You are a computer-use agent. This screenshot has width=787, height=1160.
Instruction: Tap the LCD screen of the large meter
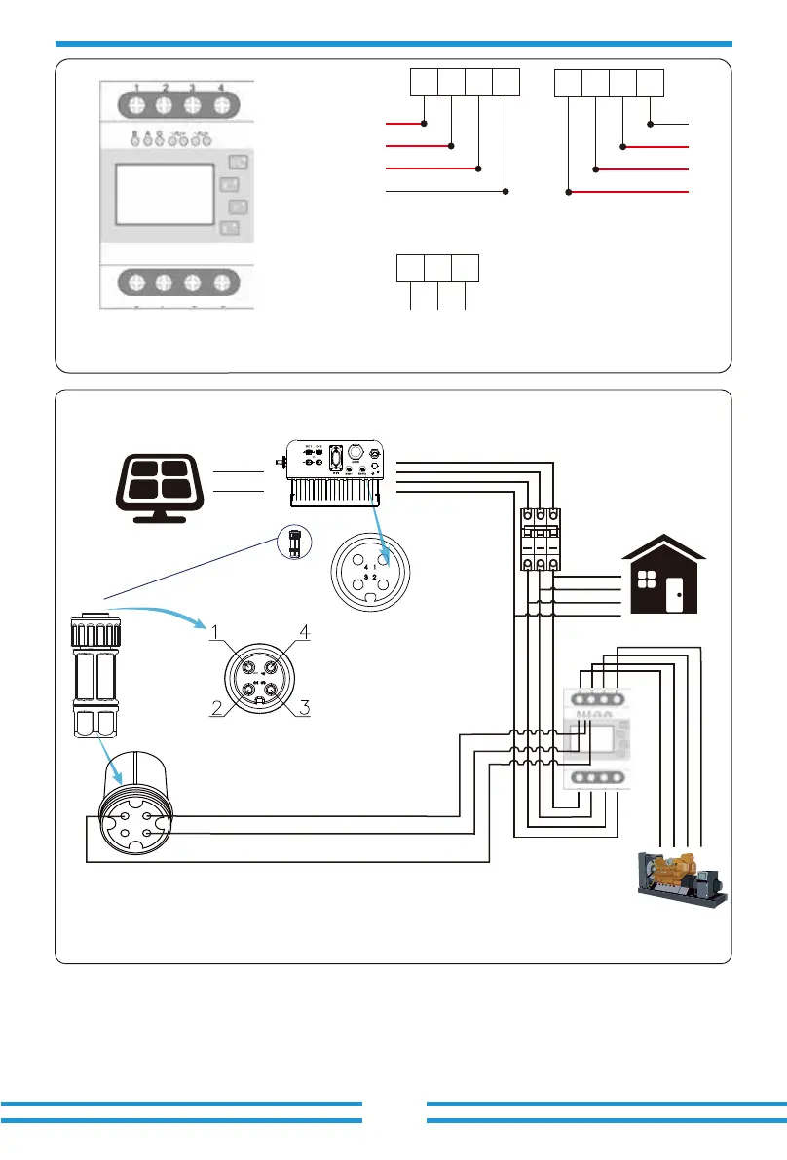pyautogui.click(x=164, y=195)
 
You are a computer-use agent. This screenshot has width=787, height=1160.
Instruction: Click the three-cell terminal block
pyautogui.click(x=437, y=269)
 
